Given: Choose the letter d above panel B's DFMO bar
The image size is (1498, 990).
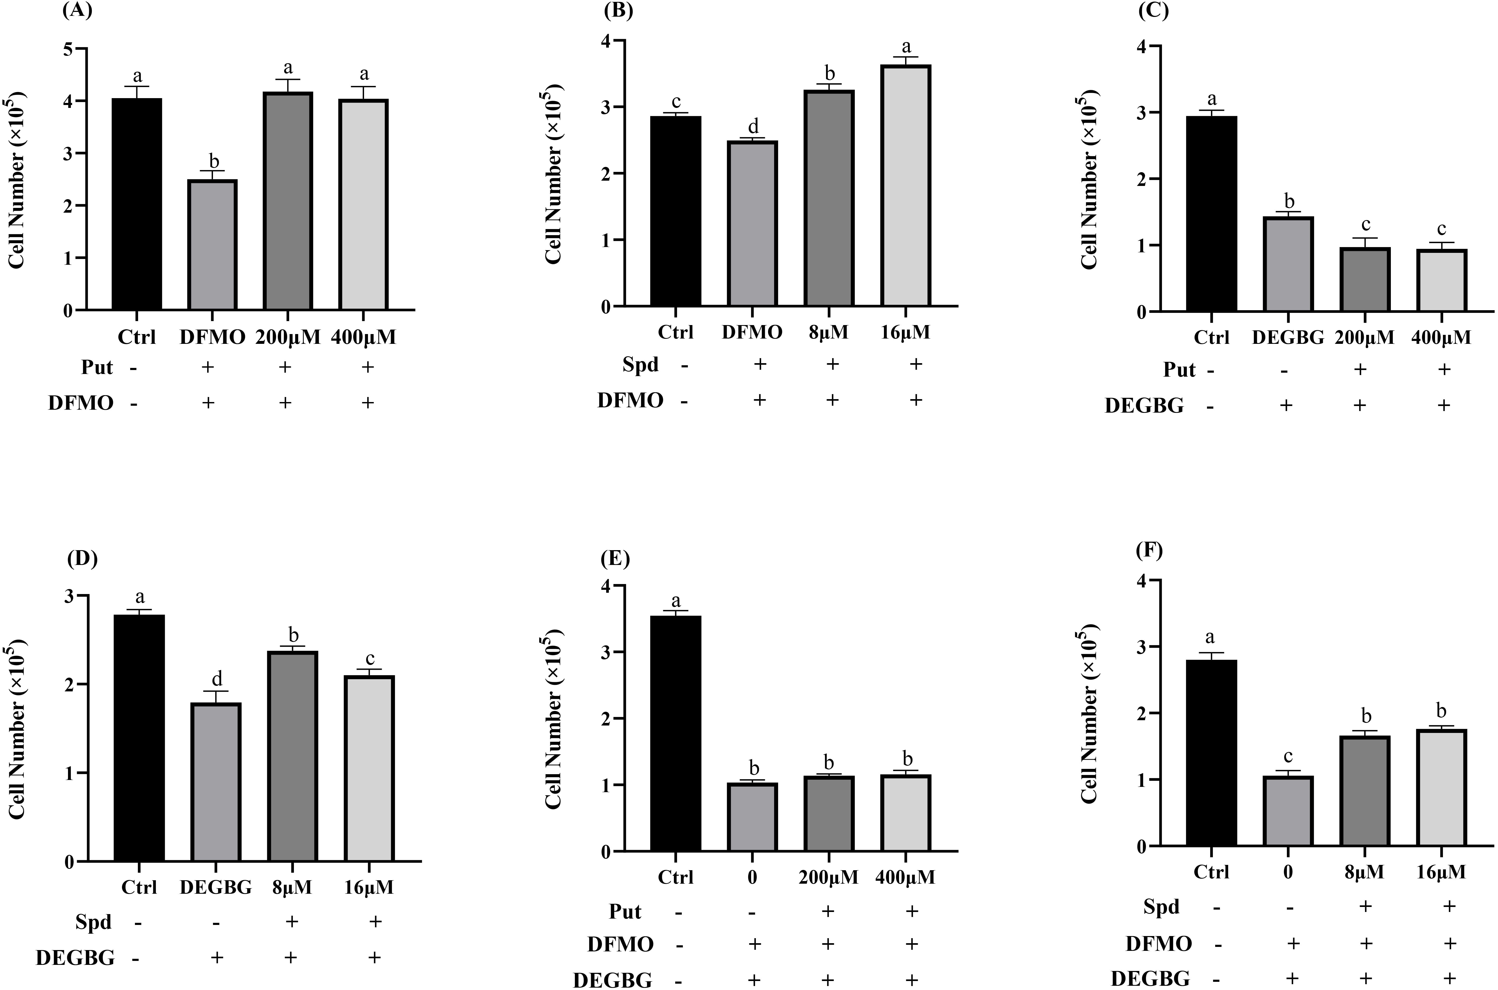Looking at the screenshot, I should [x=753, y=126].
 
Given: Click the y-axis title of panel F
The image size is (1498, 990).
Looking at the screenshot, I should [x=1089, y=713].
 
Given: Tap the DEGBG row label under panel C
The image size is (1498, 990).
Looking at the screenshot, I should [x=1144, y=405].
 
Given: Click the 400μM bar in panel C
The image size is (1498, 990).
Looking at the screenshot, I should [x=1442, y=280].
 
